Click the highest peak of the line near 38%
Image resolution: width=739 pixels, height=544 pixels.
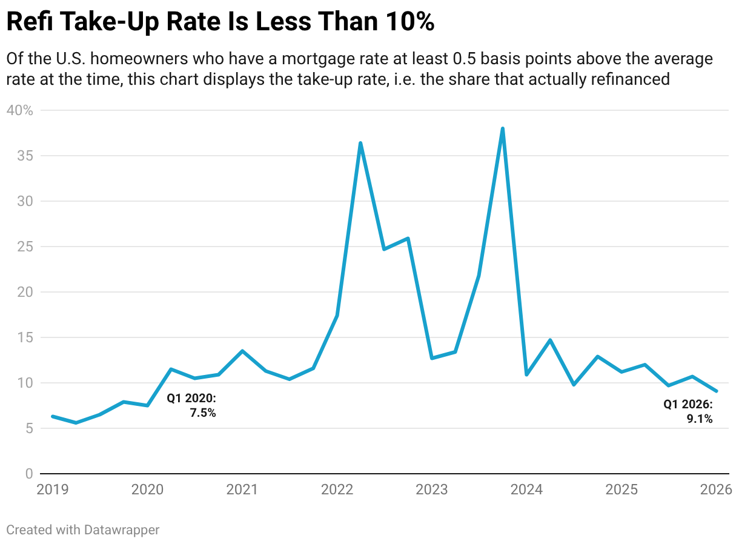point(502,128)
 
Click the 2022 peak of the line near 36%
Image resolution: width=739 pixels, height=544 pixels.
point(360,143)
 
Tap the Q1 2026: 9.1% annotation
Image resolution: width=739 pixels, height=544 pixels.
point(689,411)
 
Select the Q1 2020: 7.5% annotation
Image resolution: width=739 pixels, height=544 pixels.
point(192,406)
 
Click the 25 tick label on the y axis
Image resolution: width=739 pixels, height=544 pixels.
point(25,247)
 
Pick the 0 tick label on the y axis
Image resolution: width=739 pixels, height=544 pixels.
point(29,474)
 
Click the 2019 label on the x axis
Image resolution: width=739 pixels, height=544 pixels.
point(52,489)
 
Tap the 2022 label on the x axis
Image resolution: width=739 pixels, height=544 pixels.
point(337,489)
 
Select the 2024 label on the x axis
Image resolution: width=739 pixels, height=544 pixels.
point(526,489)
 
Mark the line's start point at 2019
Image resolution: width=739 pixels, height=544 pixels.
point(53,416)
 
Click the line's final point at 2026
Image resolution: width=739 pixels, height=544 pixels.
point(716,391)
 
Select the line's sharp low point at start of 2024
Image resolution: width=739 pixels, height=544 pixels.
point(526,374)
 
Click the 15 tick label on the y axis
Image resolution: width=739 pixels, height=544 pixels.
point(25,337)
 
